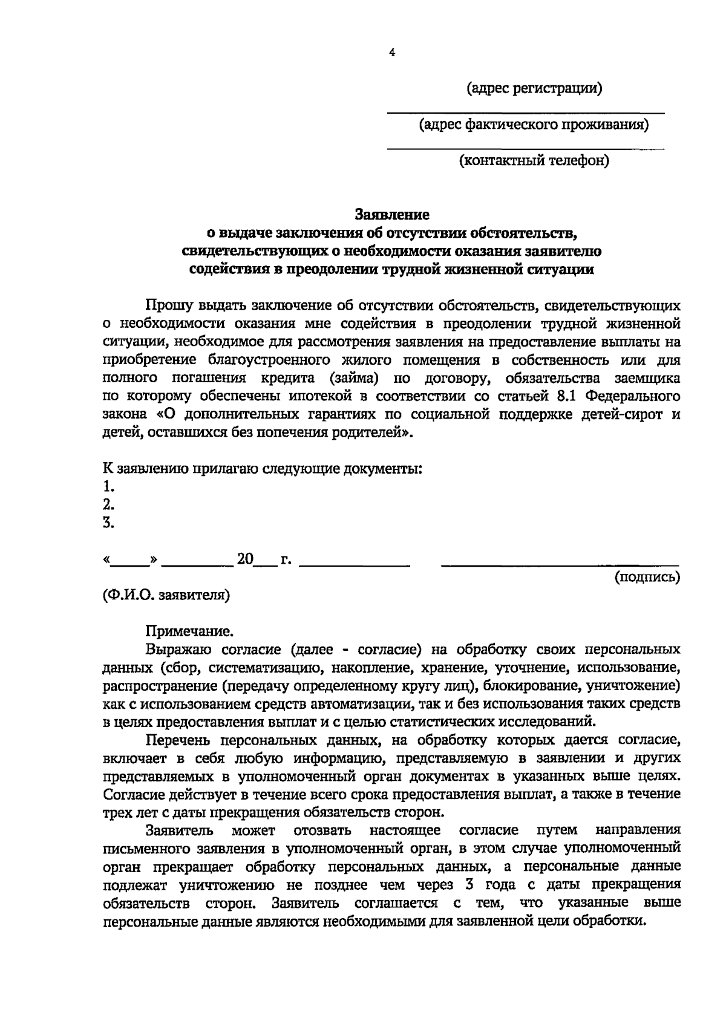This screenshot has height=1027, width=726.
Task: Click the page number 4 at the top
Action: pyautogui.click(x=392, y=53)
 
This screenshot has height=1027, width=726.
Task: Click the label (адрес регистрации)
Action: pyautogui.click(x=535, y=89)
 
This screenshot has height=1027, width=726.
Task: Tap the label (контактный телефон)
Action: pyautogui.click(x=534, y=161)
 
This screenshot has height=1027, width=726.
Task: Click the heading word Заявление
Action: pyautogui.click(x=392, y=215)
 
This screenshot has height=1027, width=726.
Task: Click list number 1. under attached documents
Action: pyautogui.click(x=109, y=486)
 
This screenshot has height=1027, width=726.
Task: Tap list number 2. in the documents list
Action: pyautogui.click(x=109, y=504)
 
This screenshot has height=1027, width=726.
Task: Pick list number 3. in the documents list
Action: pyautogui.click(x=109, y=523)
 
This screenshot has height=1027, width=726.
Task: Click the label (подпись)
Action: pyautogui.click(x=647, y=578)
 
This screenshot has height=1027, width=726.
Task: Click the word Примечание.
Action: pyautogui.click(x=189, y=632)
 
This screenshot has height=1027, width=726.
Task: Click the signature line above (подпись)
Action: pyautogui.click(x=560, y=566)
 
